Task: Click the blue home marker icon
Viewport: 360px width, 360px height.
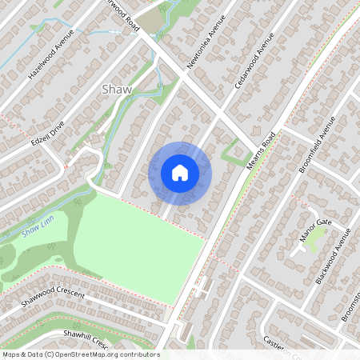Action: point(180,173)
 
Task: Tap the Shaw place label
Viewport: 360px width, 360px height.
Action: point(117,90)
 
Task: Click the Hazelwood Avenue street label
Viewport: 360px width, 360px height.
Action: point(50,54)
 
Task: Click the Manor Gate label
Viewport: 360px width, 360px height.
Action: point(315,232)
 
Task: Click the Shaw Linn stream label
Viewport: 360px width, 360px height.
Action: point(35,231)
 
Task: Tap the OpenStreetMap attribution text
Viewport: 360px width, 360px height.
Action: point(80,354)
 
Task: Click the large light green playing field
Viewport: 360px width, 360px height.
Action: point(136,248)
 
